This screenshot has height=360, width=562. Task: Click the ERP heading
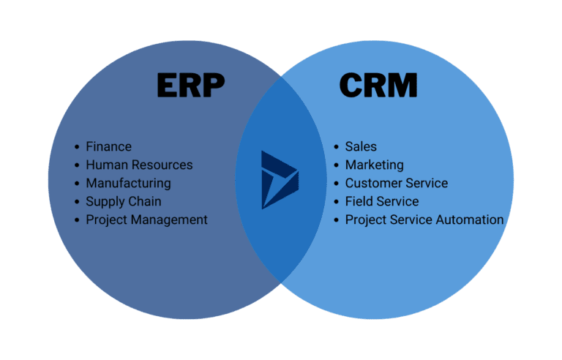[x=190, y=86]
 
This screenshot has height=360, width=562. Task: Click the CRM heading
[x=378, y=86]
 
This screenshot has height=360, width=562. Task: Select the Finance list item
[x=108, y=146]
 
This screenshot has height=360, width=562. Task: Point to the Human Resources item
[x=139, y=165]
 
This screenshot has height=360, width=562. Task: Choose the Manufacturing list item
[x=128, y=183]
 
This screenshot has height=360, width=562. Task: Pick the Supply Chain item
[x=123, y=201]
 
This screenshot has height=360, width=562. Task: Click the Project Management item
[x=146, y=220]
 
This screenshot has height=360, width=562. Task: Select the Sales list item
[x=361, y=146]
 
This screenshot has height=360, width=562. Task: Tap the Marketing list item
[x=374, y=165]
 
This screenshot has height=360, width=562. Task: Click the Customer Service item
[x=396, y=183]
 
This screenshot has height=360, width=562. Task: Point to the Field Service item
[x=382, y=201]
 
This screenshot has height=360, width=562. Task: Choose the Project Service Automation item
[x=424, y=220]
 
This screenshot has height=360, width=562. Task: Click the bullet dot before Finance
[x=78, y=147]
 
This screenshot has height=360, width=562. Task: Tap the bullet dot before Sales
[x=337, y=147]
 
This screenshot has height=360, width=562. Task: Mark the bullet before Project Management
[x=78, y=220]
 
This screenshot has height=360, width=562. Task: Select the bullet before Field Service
[x=337, y=202]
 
